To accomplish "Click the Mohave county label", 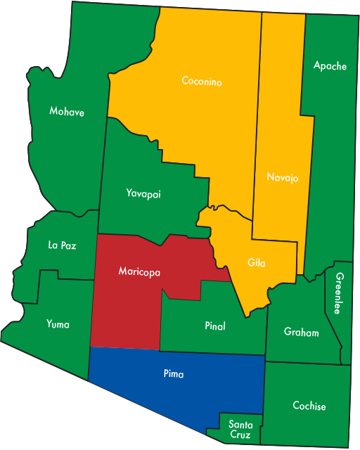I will coord(67,111).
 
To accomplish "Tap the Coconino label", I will coord(202,82).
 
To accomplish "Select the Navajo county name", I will coord(283,178).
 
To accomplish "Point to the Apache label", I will coord(330,66).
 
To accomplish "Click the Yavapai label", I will coord(143,193).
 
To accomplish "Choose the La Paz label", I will coord(62,245).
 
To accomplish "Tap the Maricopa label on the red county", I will coord(139,271).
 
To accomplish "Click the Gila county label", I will coord(257,263).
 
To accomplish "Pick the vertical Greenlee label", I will coord(339,293).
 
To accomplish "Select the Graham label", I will coord(301,332).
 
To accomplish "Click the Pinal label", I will coord(215,326).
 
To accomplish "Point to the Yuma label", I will coord(58,323).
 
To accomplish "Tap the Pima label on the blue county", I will coord(173,374).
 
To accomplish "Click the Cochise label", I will coord(309,406).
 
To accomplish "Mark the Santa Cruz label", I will coord(240,429).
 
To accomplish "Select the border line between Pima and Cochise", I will coord(264,387).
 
